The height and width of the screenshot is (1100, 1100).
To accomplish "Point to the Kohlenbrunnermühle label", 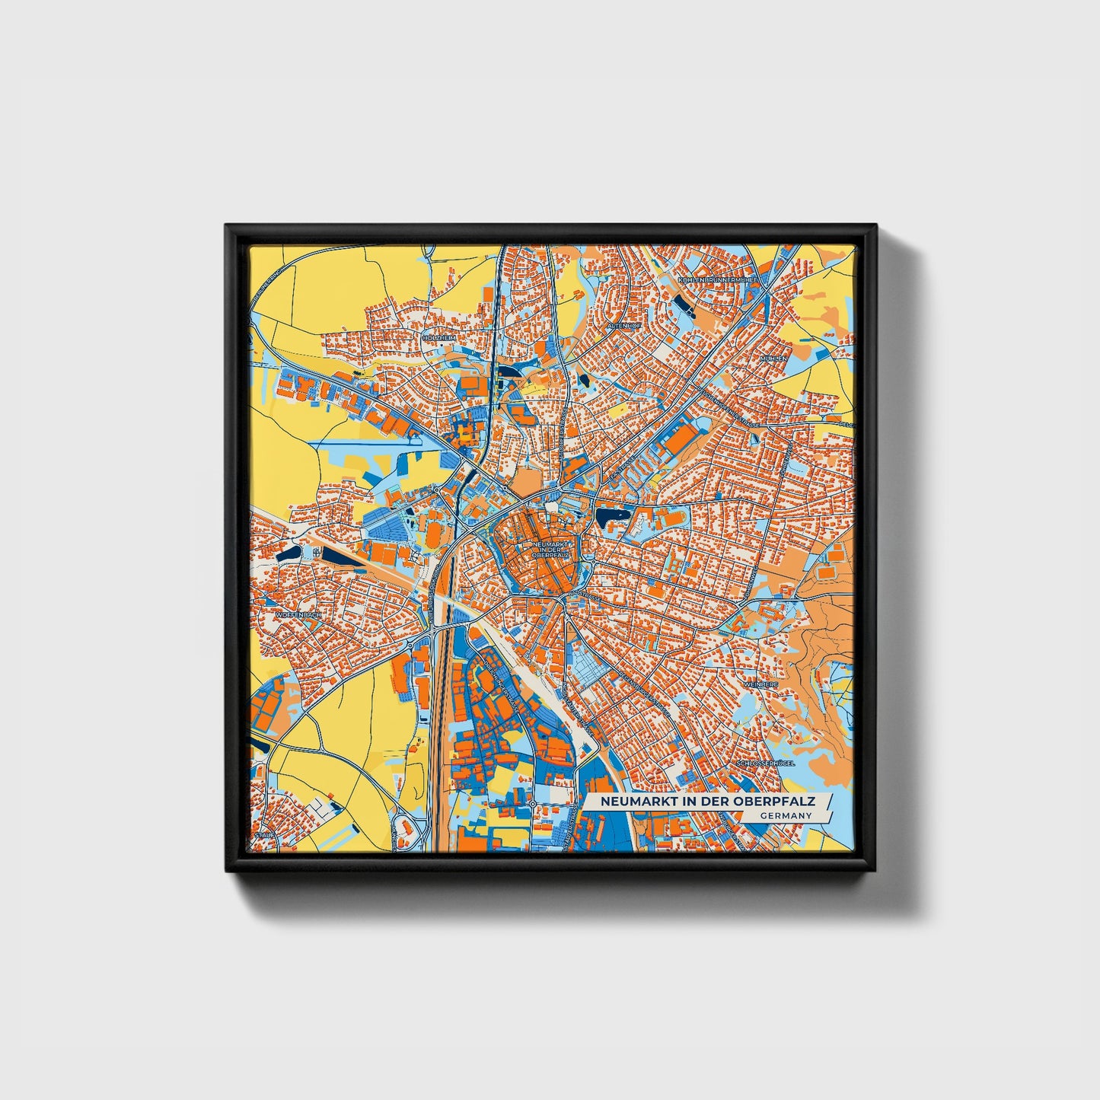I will (x=716, y=280).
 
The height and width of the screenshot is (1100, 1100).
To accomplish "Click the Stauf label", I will (x=264, y=834).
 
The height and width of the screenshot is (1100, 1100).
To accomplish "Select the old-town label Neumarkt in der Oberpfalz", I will (x=551, y=550).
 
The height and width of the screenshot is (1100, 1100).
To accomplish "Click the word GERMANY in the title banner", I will (x=785, y=815).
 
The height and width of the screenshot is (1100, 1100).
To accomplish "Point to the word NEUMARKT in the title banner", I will (x=636, y=802).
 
